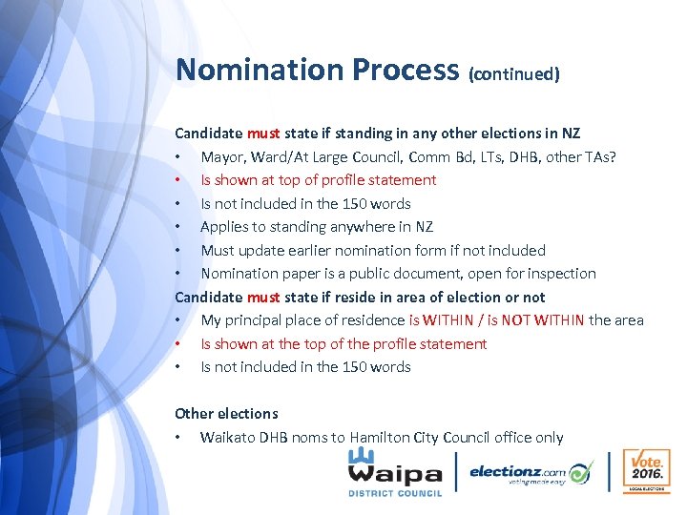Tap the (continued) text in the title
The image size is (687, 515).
[x=513, y=73]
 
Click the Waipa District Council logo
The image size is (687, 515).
[x=394, y=472]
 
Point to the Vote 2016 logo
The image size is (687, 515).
[x=644, y=471]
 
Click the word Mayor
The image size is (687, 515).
[x=222, y=156]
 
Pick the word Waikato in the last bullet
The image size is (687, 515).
[x=227, y=437]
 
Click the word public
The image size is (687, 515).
[x=367, y=273]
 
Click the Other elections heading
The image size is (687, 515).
[x=226, y=413]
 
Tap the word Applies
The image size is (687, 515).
[x=223, y=227]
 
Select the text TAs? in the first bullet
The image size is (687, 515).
[x=600, y=156]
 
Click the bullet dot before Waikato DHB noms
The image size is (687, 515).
[x=178, y=438]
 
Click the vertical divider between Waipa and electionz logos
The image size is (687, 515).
[x=457, y=472]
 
